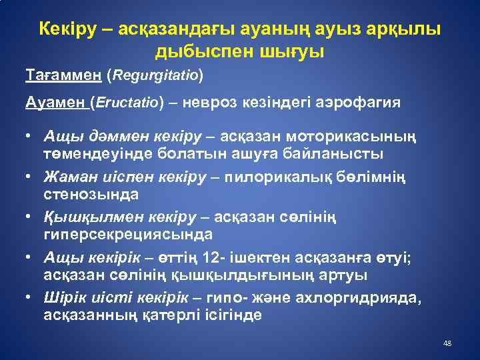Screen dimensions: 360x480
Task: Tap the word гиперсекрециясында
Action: click(128, 234)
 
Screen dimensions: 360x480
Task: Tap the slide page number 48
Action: click(447, 343)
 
